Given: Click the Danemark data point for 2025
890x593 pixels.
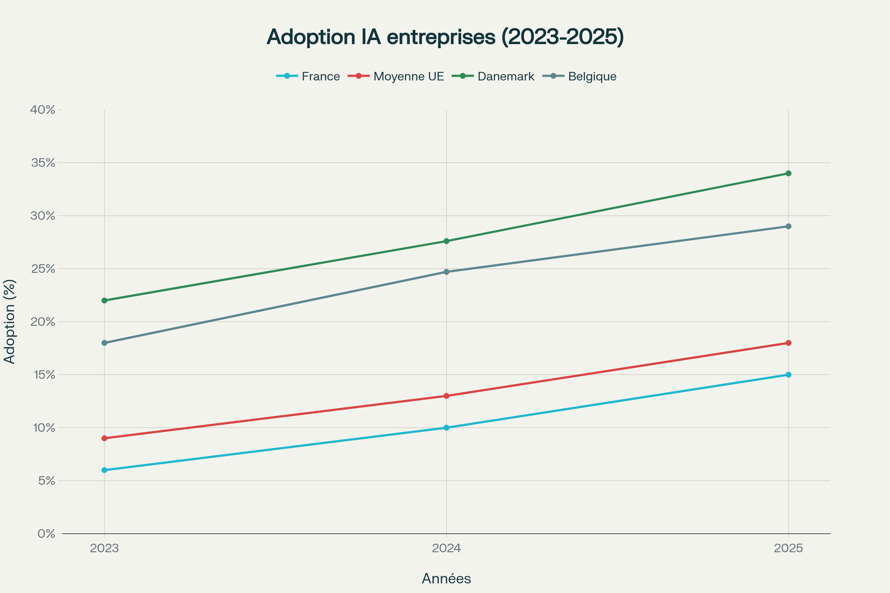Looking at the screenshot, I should [788, 173].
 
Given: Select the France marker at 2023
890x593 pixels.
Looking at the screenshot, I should [105, 470].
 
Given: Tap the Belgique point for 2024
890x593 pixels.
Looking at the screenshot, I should [446, 272].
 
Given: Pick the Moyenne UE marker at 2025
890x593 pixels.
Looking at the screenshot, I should [788, 343].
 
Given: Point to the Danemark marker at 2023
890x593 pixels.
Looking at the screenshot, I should [105, 301].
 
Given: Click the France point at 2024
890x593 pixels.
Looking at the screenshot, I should [446, 428].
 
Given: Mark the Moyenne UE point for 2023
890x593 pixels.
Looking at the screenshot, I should [105, 438].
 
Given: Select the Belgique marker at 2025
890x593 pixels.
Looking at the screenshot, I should [788, 226].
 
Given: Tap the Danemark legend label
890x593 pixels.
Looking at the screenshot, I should [505, 76].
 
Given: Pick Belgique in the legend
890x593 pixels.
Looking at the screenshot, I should [592, 76].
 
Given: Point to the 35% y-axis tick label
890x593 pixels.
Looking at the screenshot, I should [43, 163].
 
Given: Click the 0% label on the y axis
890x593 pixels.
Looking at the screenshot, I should [46, 534].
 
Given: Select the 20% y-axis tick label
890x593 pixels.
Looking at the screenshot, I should [43, 322].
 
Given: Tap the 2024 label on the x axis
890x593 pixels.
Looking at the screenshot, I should [446, 548].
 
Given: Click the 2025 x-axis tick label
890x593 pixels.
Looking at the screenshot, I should [788, 548].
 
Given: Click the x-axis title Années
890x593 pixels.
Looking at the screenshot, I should [446, 579].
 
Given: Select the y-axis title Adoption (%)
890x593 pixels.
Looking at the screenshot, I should [10, 321].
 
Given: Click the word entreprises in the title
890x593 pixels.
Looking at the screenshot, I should [441, 37].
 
